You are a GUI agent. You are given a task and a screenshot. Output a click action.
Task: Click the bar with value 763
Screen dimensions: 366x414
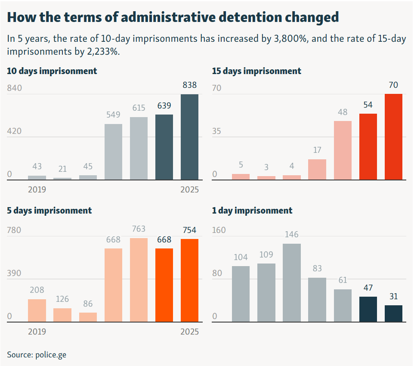point(139,280)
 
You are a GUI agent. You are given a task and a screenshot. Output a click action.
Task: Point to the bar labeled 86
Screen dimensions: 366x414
point(88,317)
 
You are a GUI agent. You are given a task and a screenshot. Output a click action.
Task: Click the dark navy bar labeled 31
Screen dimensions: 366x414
point(393,313)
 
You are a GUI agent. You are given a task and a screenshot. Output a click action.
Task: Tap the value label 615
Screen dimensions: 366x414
point(139,108)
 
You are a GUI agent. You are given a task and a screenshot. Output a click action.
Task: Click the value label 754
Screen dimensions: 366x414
point(189,230)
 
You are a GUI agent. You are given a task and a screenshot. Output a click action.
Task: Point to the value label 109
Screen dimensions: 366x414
point(266,254)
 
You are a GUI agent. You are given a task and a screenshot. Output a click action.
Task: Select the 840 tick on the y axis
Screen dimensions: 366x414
point(14,88)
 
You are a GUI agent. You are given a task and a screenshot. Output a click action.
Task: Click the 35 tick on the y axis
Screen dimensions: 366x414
point(216,131)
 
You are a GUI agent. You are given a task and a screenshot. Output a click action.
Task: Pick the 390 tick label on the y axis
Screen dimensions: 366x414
point(14,273)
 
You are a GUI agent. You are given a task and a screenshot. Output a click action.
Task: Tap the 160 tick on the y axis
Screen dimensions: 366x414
point(219,230)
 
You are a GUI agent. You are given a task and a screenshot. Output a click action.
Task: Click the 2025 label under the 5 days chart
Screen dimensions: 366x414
point(189,332)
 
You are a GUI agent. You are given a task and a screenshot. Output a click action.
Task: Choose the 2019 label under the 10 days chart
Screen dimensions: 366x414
point(37,189)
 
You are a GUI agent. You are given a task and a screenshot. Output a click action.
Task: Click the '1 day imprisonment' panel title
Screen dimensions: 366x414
point(252,211)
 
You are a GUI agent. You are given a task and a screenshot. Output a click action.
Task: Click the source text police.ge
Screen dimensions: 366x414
point(51,355)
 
